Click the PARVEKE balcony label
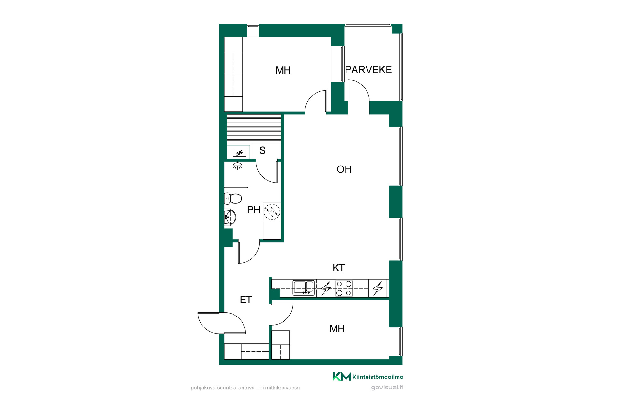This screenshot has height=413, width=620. pos(368,70)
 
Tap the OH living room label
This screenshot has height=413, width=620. pos(344,169)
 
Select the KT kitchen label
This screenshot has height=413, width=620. pos(338,268)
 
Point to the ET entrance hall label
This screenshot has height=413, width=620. pos(246,300)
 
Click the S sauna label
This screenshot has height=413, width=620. pos(262,150)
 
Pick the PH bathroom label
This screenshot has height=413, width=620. pos(253,210)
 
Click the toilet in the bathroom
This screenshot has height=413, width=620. pos(233,198)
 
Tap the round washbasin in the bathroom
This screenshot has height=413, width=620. pos(230,217)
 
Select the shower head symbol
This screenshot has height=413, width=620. pos(238,166)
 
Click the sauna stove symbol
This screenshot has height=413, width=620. pos(239,153)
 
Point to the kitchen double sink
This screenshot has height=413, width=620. pos(303,288)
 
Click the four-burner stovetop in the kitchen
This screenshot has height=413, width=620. pos(344,288)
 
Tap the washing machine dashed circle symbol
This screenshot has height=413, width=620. pos(272,212)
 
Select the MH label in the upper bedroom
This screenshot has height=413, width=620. pos(283,70)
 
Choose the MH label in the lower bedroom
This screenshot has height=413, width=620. pos(337,329)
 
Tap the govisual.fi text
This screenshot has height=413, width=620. pos(387,388)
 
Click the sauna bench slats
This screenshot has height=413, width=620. pos(254,129)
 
